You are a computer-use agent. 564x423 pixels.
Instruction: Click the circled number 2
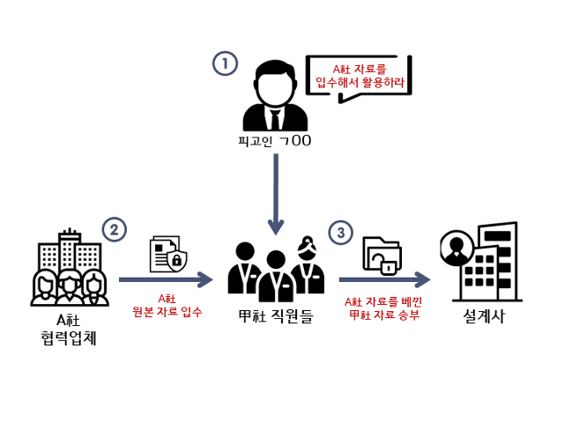pos(115,230)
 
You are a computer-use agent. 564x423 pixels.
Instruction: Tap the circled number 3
pos(340,233)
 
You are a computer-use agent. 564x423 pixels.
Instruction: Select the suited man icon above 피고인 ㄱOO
pos(276,97)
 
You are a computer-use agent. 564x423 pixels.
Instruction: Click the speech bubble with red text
pos(360,77)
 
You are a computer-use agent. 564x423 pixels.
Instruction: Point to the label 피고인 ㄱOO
pos(276,141)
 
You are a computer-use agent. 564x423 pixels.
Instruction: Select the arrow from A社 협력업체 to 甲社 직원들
pos(166,280)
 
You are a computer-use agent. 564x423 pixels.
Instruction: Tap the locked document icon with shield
pos(169,253)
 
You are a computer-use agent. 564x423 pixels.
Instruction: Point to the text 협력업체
pos(68,336)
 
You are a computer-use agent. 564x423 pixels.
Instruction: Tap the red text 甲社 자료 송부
pos(383,314)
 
